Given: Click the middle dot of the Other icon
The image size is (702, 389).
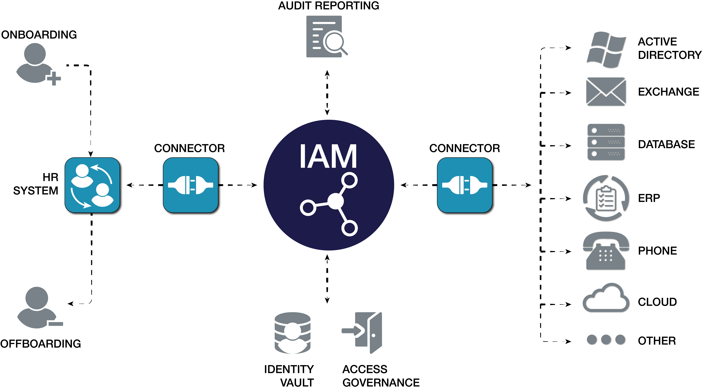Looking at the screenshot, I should coord(606,340).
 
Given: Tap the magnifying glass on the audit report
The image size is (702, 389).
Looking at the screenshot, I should coord(335,42).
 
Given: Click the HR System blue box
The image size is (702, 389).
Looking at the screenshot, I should coord(92,185).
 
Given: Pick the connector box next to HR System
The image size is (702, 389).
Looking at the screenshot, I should coord(191,185).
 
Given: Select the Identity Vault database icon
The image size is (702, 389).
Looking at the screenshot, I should coord(292,333).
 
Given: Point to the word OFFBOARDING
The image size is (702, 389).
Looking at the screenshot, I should coord(41,344).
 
